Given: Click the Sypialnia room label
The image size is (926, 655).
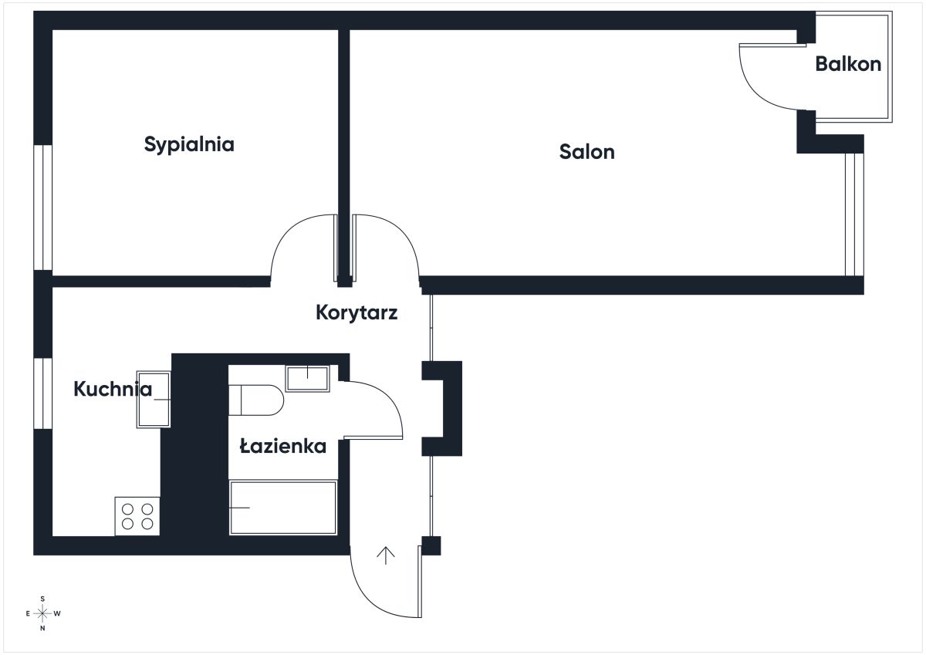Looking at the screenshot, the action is (189, 144).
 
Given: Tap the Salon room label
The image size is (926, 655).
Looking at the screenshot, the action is (586, 152).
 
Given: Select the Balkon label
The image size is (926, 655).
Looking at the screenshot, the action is (848, 64).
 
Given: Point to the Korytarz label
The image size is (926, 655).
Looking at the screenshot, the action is (357, 312).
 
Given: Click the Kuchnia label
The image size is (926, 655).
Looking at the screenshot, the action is (113, 389).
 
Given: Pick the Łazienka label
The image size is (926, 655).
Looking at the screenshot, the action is (283, 446).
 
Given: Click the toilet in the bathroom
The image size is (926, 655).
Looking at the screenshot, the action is (256, 400).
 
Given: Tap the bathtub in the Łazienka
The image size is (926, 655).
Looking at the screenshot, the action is (283, 508).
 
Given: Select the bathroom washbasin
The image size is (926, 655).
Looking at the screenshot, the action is (308, 379).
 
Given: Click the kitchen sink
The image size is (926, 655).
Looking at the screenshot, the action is (154, 399).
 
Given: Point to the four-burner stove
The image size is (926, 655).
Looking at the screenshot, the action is (137, 516).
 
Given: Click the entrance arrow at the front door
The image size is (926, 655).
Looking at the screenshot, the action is (386, 555).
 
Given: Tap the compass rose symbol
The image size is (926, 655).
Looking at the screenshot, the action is (42, 613).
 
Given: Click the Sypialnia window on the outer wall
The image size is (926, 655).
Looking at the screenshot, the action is (43, 208).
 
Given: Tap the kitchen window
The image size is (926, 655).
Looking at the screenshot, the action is (43, 393).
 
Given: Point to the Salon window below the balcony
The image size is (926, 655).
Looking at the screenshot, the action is (854, 214).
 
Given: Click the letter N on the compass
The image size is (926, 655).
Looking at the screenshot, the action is (42, 628).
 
